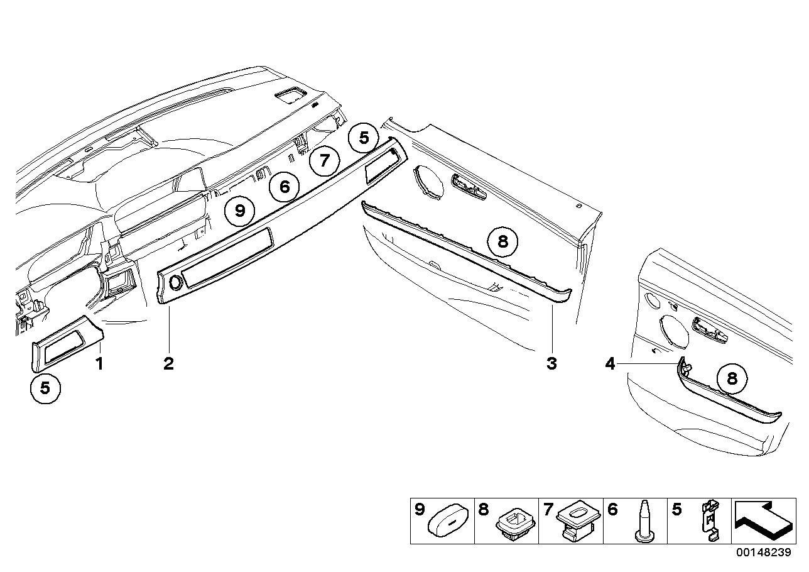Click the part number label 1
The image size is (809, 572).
(x=98, y=363)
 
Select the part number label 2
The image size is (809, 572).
(x=168, y=363)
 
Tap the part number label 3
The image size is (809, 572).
(x=551, y=363)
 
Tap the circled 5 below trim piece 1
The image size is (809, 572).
(x=45, y=388)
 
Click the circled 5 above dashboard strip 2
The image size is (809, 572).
(x=364, y=137)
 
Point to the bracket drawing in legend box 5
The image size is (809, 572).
(x=709, y=521)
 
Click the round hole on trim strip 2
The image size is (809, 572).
(x=175, y=283)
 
